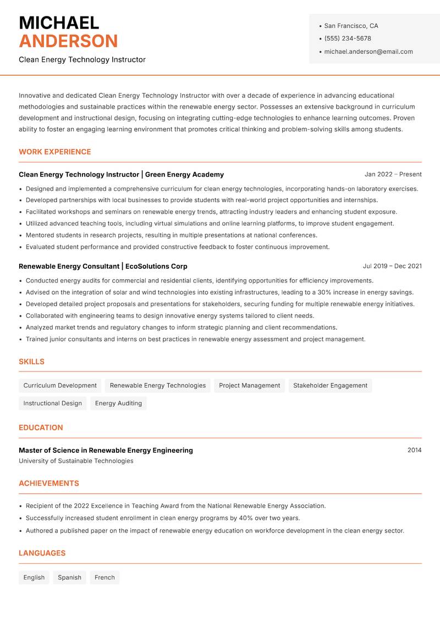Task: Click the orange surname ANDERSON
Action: click(x=68, y=41)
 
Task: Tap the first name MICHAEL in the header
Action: click(x=59, y=23)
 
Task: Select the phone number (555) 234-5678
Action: click(x=348, y=38)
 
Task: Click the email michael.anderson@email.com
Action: click(x=368, y=52)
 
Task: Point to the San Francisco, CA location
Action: click(x=351, y=26)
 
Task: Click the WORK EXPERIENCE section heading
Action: click(x=55, y=152)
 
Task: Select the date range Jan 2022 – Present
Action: click(x=393, y=174)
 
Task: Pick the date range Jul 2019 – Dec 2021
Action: click(x=392, y=266)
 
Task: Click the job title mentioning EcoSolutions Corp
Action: click(x=103, y=266)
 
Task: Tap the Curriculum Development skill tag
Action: click(x=60, y=385)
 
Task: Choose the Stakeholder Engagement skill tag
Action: click(x=330, y=385)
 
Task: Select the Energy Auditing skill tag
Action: click(x=118, y=403)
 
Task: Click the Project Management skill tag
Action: click(x=249, y=385)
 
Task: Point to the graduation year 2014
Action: click(x=414, y=450)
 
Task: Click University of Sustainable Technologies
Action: click(x=76, y=461)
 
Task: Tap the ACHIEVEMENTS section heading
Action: click(x=49, y=483)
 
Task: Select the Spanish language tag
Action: click(x=69, y=577)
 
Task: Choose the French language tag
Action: click(x=105, y=577)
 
